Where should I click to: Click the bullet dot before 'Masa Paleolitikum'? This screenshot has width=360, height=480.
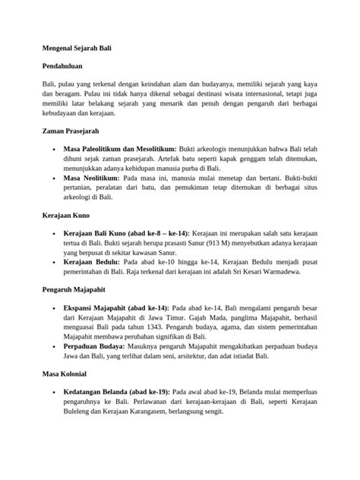54,150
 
